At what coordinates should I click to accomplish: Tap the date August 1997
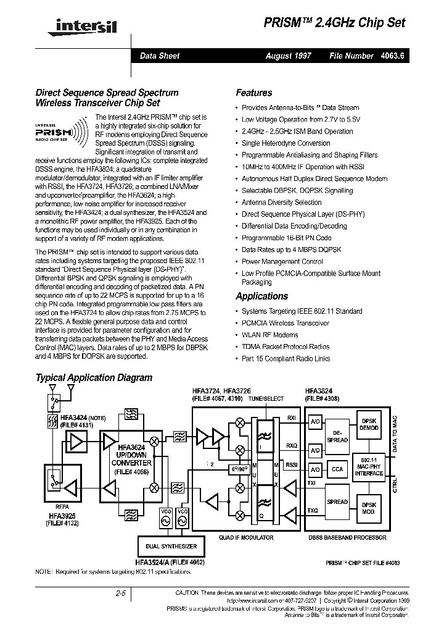(x=288, y=56)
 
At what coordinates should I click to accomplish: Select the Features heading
(x=253, y=93)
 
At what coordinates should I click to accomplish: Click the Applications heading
(x=261, y=296)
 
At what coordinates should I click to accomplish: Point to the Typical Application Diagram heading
(x=94, y=377)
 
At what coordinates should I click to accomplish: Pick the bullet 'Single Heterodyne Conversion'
(x=286, y=143)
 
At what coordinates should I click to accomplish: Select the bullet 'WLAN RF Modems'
(x=269, y=335)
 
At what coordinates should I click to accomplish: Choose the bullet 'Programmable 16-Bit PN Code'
(x=286, y=238)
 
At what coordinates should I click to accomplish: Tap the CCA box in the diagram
(x=337, y=470)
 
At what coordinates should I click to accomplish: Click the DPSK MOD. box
(x=370, y=509)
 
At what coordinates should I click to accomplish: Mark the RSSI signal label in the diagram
(x=291, y=464)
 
